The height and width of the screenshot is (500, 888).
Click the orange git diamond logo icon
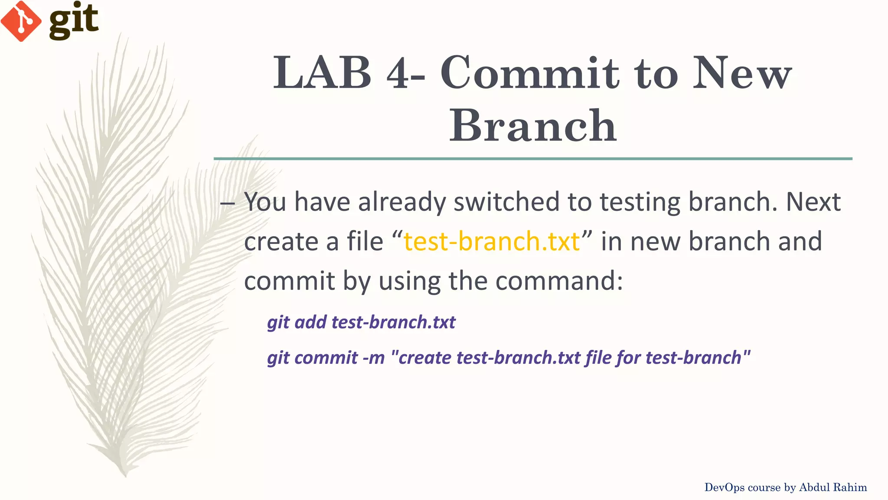point(20,21)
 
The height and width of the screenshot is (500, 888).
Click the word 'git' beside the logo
point(73,20)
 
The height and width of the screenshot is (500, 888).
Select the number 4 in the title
point(398,74)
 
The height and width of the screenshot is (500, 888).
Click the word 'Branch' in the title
point(533,126)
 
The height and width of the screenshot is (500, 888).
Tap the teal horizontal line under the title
point(533,159)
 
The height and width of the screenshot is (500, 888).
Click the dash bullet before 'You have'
point(227,203)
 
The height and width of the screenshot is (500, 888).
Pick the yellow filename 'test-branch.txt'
point(491,241)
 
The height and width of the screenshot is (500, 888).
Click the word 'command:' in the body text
point(559,281)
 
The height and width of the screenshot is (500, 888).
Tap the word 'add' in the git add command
point(310,322)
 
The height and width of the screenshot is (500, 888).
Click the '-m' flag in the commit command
point(373,358)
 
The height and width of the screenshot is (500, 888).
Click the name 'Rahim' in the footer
point(851,487)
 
